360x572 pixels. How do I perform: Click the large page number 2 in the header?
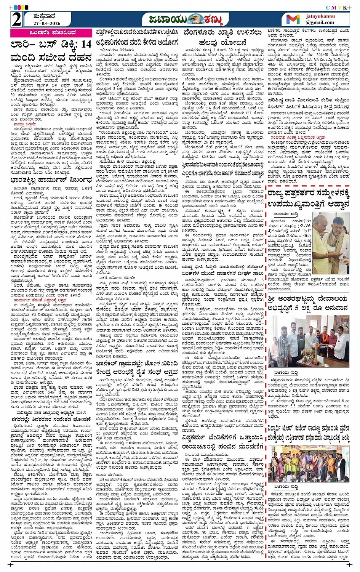coord(16,19)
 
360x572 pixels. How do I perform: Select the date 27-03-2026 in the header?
coord(47,23)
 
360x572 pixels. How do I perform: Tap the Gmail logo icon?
coord(293,19)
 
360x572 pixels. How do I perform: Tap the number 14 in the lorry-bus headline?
coord(86,45)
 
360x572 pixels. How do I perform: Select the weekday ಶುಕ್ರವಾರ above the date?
coord(44,16)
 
